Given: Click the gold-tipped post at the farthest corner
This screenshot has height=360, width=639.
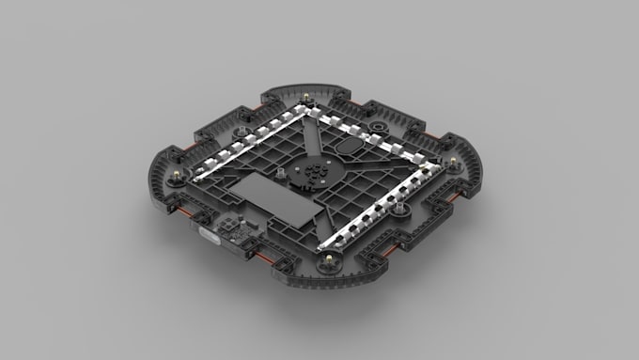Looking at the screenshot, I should pyautogui.click(x=307, y=98).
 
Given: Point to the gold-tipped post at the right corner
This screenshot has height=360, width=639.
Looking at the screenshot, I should pyautogui.click(x=454, y=164).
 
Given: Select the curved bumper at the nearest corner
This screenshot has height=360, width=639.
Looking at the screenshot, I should pyautogui.click(x=329, y=282).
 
